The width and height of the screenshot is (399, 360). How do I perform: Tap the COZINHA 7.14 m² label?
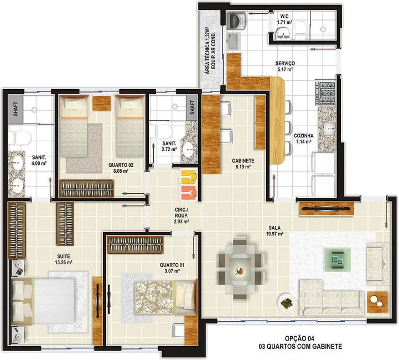click(x=304, y=138)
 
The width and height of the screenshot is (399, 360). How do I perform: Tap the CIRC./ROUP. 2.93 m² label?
click(x=181, y=214)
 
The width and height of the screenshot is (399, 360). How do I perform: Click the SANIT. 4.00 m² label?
click(x=38, y=160)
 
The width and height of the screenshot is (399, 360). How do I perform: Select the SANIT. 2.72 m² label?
click(x=168, y=146)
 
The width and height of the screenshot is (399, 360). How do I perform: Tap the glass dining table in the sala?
click(x=241, y=269)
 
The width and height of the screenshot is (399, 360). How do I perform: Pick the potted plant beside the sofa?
click(x=287, y=303)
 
